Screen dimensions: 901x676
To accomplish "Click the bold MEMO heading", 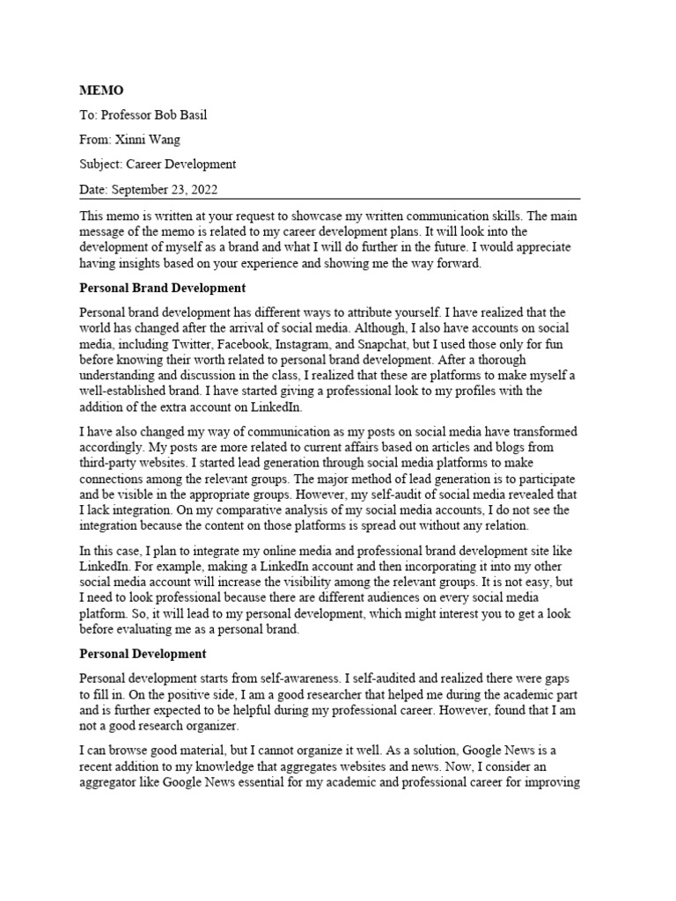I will click(101, 91).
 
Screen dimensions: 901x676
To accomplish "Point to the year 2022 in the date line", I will click(202, 189).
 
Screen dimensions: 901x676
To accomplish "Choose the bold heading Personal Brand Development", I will click(163, 288).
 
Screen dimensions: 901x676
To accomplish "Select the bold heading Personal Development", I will click(143, 654).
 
